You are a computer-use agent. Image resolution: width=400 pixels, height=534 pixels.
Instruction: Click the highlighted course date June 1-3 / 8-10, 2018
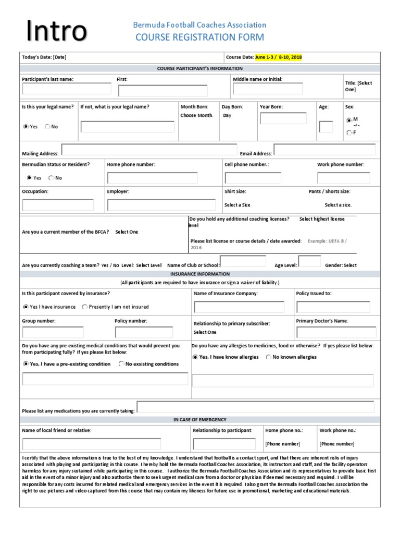278,57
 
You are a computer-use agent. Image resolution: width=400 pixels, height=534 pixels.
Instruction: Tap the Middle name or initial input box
268,89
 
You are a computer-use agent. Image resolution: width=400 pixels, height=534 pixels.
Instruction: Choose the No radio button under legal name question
48,126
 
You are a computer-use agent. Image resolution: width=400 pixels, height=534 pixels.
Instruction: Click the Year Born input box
283,118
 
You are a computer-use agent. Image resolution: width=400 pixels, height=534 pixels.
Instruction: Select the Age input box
326,127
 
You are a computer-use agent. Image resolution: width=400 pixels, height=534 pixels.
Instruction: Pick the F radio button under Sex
348,133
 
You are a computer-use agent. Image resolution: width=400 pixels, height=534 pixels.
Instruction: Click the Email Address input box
324,150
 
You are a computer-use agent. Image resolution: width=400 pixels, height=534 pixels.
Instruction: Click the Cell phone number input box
253,178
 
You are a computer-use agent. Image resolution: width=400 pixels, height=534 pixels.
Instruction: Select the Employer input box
161,205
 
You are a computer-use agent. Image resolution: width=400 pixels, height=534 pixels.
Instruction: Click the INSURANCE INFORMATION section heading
199,274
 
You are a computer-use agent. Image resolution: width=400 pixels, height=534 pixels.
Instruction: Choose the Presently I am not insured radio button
85,307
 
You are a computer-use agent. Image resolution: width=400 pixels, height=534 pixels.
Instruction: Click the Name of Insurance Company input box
239,307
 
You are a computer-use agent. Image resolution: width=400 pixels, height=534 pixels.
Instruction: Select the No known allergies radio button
269,357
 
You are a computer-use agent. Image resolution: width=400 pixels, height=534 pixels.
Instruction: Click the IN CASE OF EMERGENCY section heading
199,420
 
